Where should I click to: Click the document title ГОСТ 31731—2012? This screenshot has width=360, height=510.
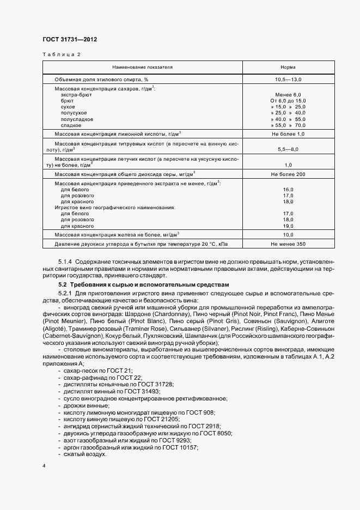pyautogui.click(x=70, y=39)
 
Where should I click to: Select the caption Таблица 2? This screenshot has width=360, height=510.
pyautogui.click(x=61, y=54)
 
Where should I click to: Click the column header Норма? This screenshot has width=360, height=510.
pyautogui.click(x=288, y=67)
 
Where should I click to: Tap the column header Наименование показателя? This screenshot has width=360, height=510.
pyautogui.click(x=143, y=67)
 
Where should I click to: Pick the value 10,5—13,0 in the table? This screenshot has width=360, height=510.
pyautogui.click(x=288, y=80)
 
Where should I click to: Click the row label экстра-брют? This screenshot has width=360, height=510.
pyautogui.click(x=76, y=95)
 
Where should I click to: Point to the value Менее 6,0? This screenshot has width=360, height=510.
pyautogui.click(x=288, y=95)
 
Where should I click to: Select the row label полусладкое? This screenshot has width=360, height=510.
pyautogui.click(x=77, y=119)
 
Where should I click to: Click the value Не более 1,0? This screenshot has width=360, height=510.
pyautogui.click(x=288, y=133)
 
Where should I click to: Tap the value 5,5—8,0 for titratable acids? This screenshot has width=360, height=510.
pyautogui.click(x=288, y=148)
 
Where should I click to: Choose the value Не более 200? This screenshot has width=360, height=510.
pyautogui.click(x=288, y=174)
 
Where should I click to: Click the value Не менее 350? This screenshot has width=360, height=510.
pyautogui.click(x=288, y=245)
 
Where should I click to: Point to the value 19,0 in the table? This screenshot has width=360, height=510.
pyautogui.click(x=288, y=226)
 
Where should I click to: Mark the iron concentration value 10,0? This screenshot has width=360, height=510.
pyautogui.click(x=288, y=235)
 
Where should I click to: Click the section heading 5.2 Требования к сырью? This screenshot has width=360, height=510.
pyautogui.click(x=144, y=285)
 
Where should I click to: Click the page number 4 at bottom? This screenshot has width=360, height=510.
pyautogui.click(x=44, y=467)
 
